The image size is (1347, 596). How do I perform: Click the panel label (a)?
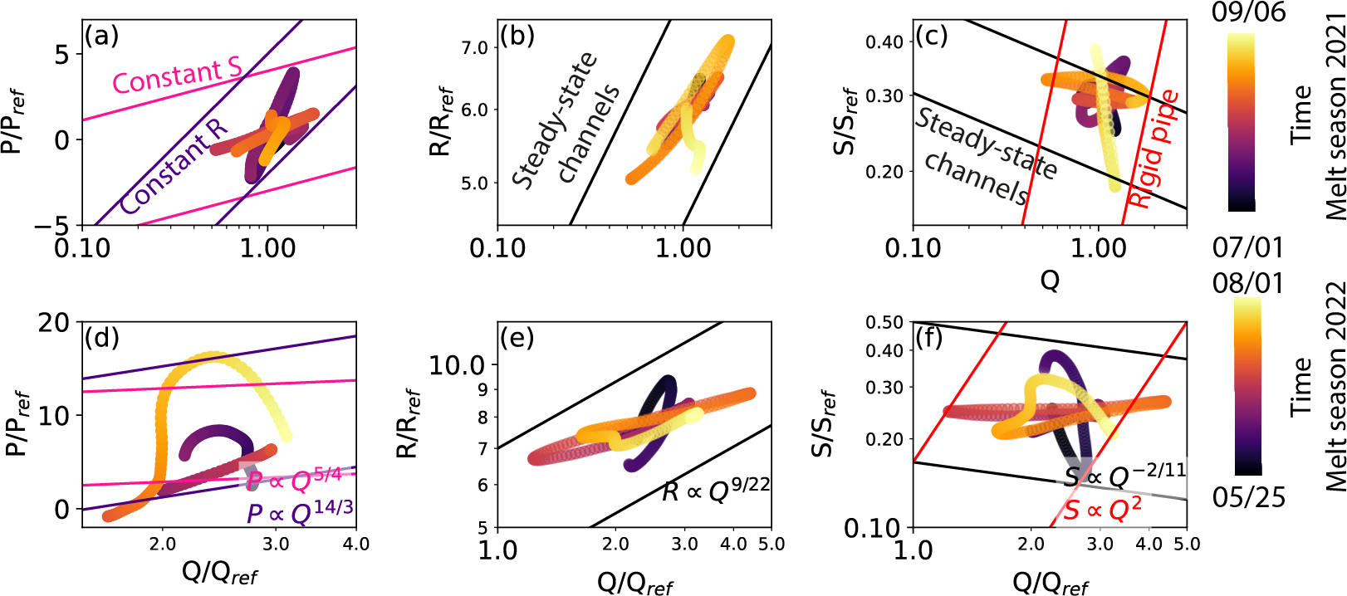[102, 37]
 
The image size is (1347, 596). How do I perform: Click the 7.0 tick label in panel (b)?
[474, 48]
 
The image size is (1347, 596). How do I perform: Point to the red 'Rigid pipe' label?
[1153, 150]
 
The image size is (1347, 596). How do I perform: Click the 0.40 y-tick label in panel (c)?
[884, 42]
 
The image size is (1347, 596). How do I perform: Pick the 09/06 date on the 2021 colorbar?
[1248, 13]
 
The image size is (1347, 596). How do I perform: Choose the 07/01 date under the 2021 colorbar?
[1247, 247]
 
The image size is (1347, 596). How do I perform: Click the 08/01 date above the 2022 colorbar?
[1247, 283]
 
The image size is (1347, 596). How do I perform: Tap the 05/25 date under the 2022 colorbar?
[1247, 497]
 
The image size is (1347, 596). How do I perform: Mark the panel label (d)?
[102, 338]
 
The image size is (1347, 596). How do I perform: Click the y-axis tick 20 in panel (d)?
[54, 322]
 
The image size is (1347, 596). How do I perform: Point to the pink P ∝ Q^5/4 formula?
[294, 480]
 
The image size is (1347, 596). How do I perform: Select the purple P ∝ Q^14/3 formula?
[300, 512]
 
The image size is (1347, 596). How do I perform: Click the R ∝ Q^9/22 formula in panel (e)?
[716, 491]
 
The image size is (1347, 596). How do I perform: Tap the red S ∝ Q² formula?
[1103, 509]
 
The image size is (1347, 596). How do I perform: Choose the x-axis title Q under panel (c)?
[1050, 281]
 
